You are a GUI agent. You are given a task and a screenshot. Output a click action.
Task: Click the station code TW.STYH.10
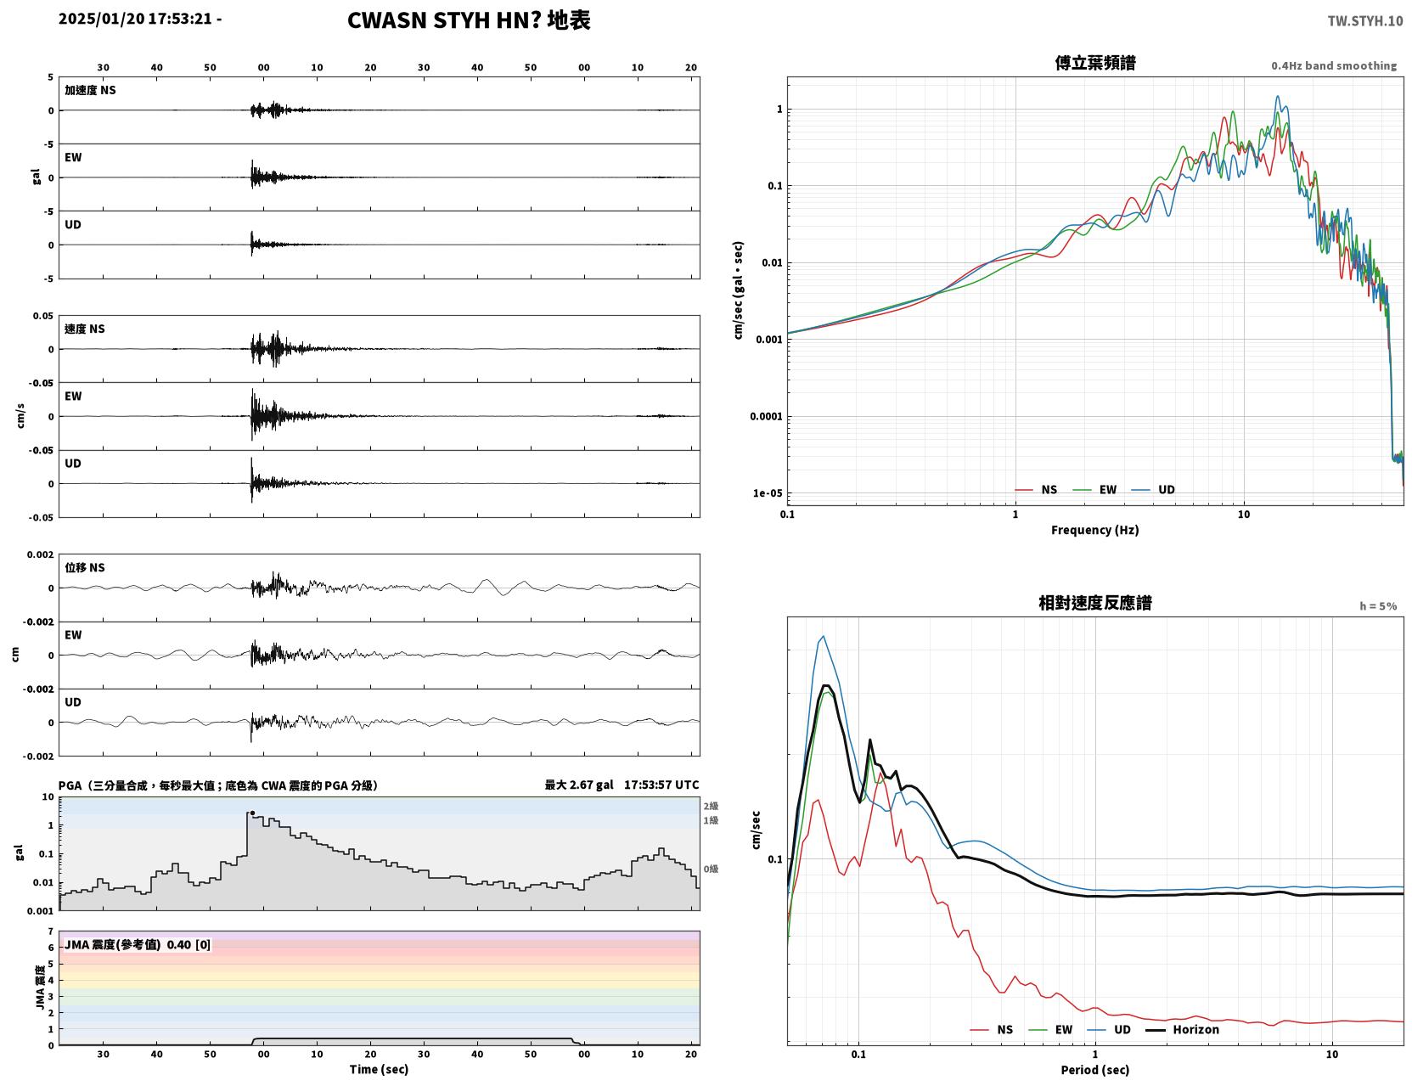coord(1364,20)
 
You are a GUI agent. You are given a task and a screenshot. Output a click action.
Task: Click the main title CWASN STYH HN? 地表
coord(468,20)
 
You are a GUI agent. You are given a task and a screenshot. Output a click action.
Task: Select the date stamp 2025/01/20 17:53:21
coord(135,18)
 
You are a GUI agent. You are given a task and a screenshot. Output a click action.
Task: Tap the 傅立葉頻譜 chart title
coord(1094,63)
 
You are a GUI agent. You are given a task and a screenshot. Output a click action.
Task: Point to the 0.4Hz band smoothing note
coord(1333,65)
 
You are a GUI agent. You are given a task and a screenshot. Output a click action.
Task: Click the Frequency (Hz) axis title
coord(1094,529)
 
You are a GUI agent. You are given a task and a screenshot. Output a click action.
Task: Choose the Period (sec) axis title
coord(1094,1069)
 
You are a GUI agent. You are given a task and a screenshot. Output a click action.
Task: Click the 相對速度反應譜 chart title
coord(1094,603)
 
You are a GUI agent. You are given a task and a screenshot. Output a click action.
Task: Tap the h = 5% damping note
coord(1377,606)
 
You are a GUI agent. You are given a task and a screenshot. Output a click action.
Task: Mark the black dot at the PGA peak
coord(252,813)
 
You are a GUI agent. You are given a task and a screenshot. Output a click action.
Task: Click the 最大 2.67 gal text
coord(578,785)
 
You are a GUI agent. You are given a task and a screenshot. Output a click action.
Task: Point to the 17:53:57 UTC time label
coord(661,785)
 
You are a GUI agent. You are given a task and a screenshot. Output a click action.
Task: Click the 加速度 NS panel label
coord(90,90)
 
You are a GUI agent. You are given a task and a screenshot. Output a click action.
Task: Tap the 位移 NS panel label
coord(84,567)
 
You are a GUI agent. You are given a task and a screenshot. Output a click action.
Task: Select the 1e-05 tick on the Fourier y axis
coord(768,493)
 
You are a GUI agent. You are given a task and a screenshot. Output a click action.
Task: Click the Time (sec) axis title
coord(379,1069)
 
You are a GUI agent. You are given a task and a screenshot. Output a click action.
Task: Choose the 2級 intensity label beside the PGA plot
coord(710,806)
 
